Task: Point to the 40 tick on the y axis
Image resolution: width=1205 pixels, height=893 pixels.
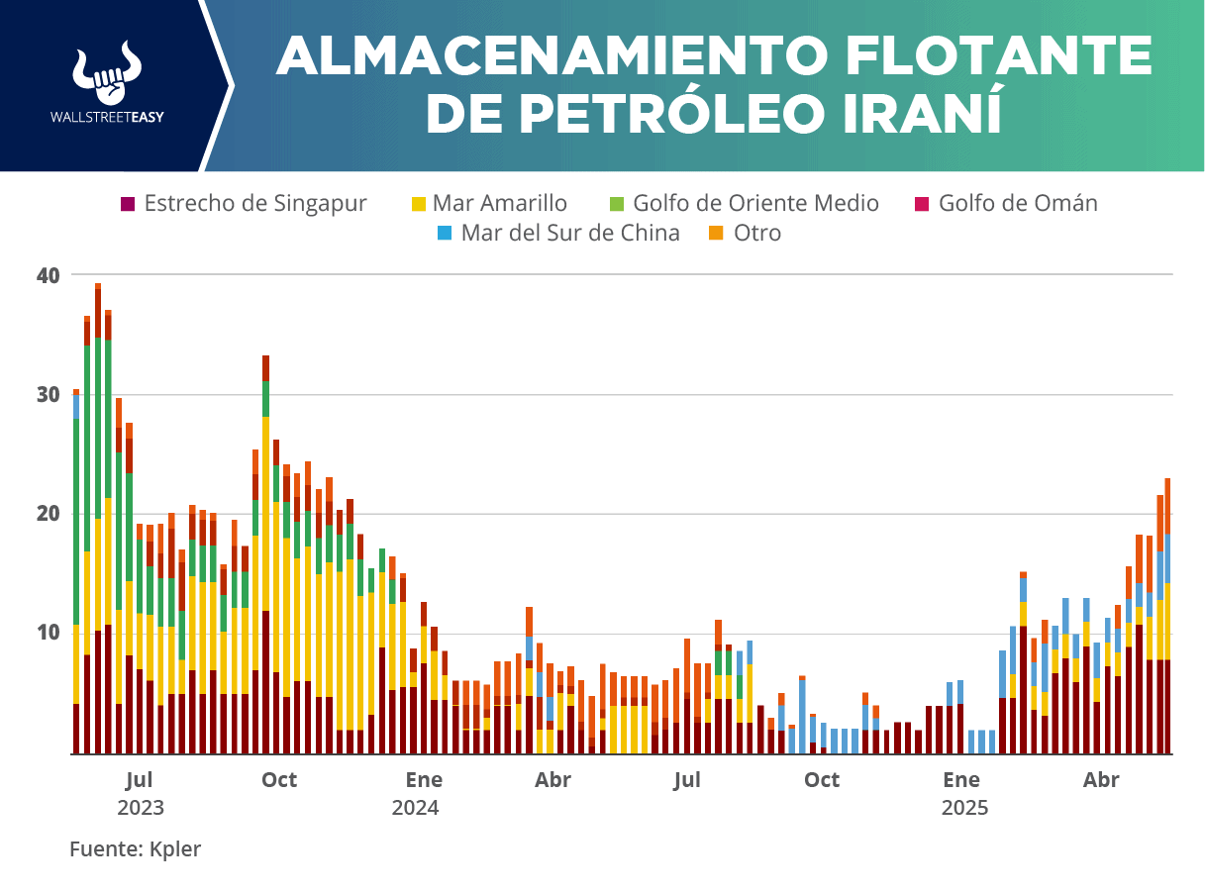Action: [49, 275]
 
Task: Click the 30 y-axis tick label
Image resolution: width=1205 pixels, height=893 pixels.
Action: [49, 394]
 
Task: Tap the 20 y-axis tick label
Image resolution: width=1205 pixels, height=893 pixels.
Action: [49, 514]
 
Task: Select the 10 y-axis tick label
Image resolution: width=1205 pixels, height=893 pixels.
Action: [49, 633]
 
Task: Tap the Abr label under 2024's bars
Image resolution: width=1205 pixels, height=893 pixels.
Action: [553, 780]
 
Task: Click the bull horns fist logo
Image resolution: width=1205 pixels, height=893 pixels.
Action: [108, 73]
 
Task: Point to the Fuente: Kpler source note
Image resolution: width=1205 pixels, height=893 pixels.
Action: [135, 849]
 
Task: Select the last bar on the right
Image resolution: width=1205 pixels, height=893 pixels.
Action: [1167, 614]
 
